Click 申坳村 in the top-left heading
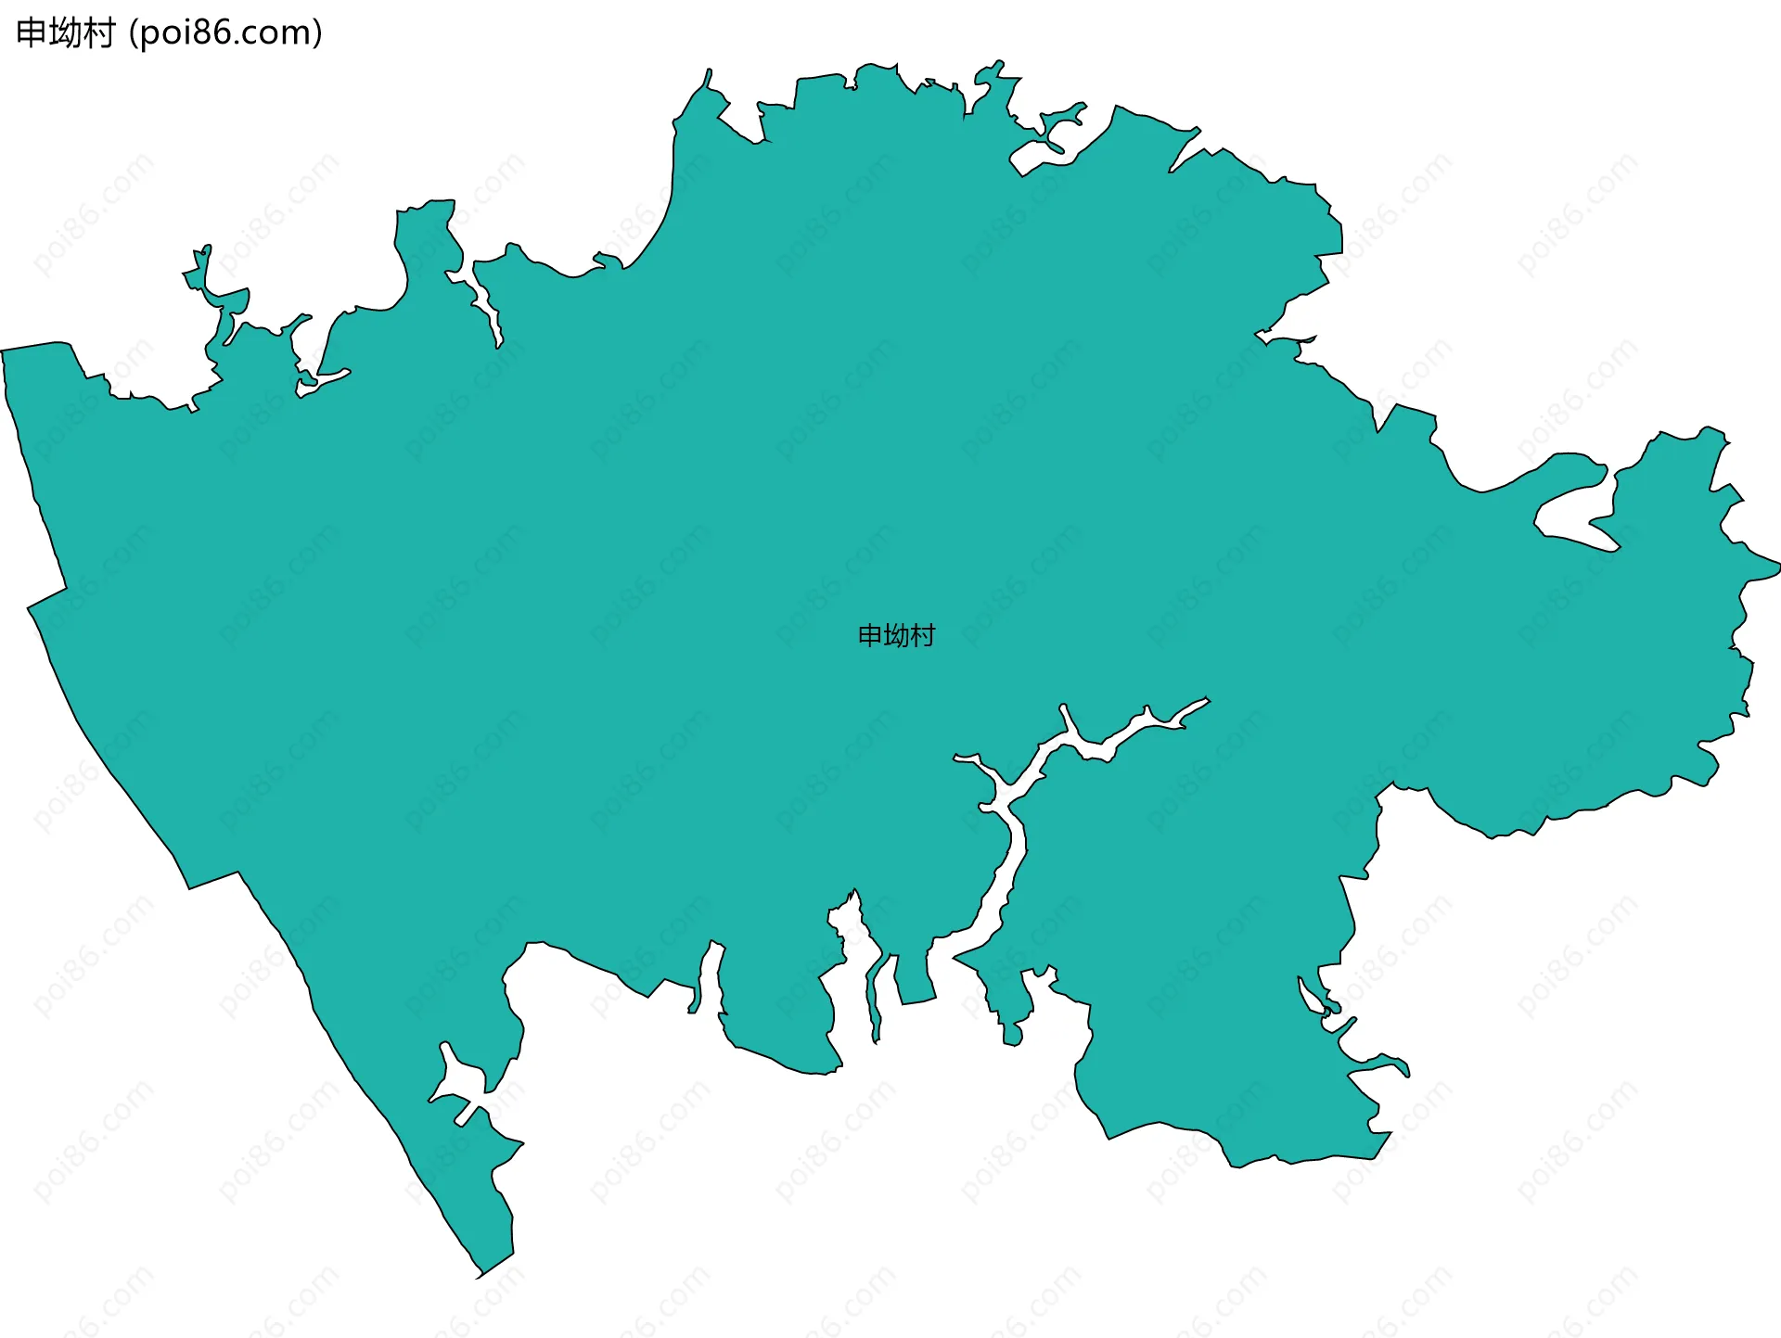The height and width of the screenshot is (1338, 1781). pos(65,33)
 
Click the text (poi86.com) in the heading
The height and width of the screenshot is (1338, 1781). pos(225,33)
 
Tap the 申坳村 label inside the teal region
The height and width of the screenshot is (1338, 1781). pos(896,635)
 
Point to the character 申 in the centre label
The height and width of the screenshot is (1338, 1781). pos(870,635)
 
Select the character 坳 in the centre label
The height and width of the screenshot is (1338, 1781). pos(896,635)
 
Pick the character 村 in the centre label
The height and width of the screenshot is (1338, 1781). pos(922,635)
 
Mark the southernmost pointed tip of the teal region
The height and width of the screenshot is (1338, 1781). pos(479,1276)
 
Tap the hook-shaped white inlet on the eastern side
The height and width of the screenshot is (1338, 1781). pos(1568,505)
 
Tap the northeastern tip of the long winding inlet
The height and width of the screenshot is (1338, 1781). pos(1206,700)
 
